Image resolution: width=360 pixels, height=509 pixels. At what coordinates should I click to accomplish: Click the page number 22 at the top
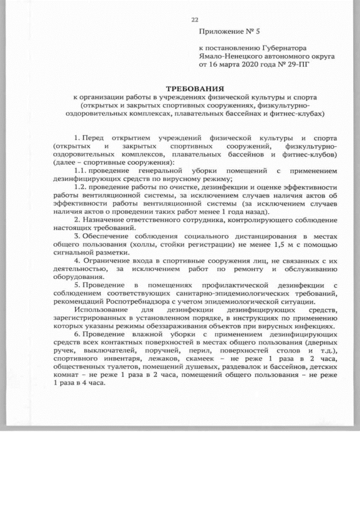point(195,20)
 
